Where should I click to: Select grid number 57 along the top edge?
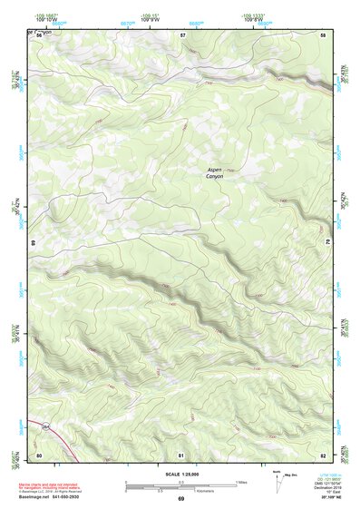pos(182,34)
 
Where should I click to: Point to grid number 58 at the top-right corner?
pos(323,34)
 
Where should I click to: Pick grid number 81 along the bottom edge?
pos(181,454)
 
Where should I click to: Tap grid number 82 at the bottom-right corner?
pos(323,454)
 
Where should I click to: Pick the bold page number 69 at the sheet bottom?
pos(180,499)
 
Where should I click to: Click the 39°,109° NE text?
pos(322,497)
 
